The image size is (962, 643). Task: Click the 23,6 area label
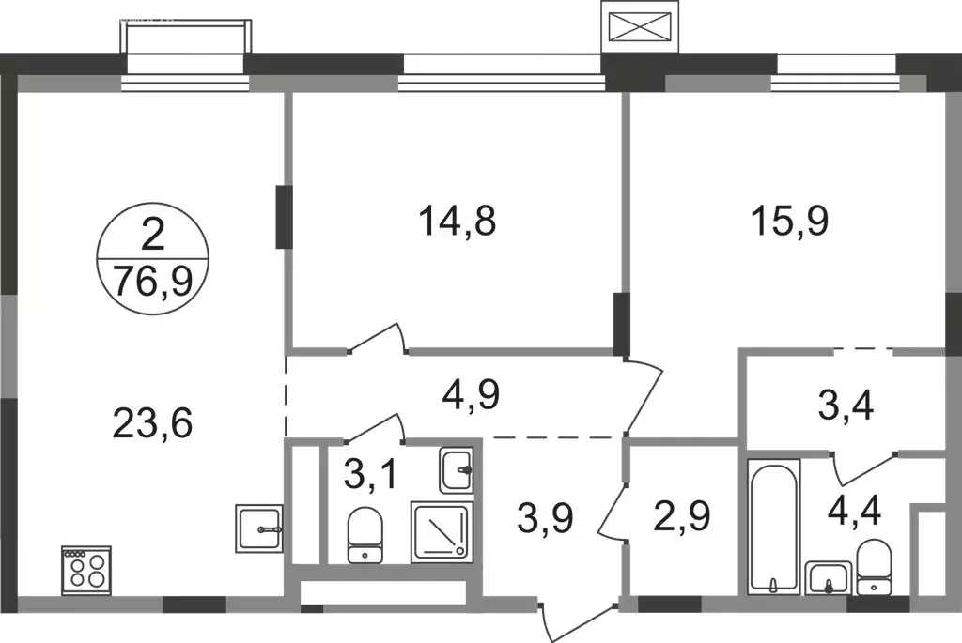(x=153, y=423)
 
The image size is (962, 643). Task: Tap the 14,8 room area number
(x=458, y=222)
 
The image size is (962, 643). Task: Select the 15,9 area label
(x=789, y=222)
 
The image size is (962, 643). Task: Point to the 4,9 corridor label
(x=472, y=395)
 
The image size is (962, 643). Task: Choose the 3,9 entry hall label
(x=546, y=518)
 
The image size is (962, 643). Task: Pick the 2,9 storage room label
(x=683, y=515)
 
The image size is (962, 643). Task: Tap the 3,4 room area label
(x=846, y=406)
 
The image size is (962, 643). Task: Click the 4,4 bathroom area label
(x=855, y=511)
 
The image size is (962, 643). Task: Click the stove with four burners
(x=86, y=571)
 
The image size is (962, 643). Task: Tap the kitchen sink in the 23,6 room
(x=259, y=528)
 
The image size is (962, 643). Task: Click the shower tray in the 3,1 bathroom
(x=442, y=532)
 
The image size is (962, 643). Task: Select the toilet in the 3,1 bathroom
(x=365, y=534)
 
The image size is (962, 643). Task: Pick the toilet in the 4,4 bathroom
(x=874, y=567)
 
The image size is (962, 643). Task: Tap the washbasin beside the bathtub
(x=829, y=578)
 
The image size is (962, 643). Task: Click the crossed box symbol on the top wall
(x=639, y=26)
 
